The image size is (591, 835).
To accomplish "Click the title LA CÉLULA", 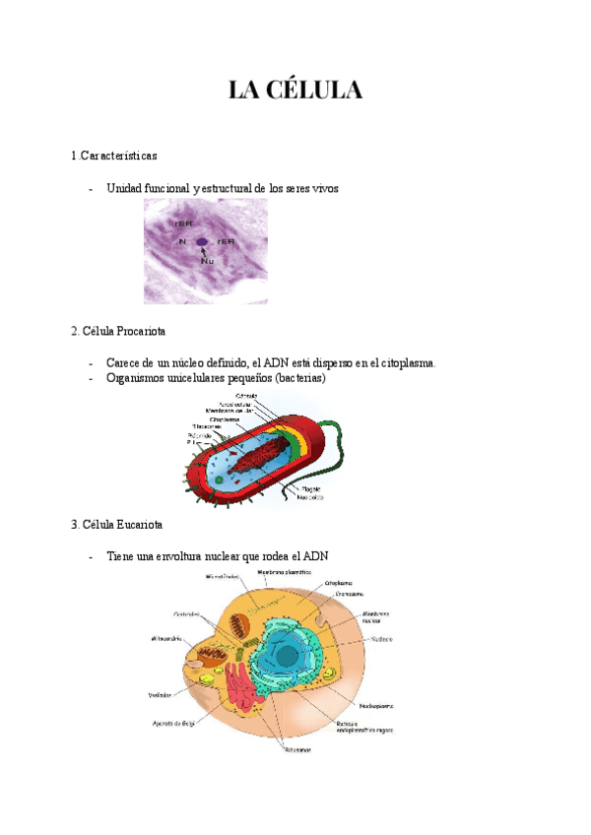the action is [x=295, y=91].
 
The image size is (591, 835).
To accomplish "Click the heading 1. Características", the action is [x=114, y=157].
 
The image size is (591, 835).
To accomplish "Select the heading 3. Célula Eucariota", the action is [x=117, y=524].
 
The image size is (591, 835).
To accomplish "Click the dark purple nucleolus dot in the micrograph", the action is [x=202, y=241].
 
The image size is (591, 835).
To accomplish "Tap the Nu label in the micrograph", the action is [x=207, y=261].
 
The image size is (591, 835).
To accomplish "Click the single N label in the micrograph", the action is [x=182, y=241].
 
